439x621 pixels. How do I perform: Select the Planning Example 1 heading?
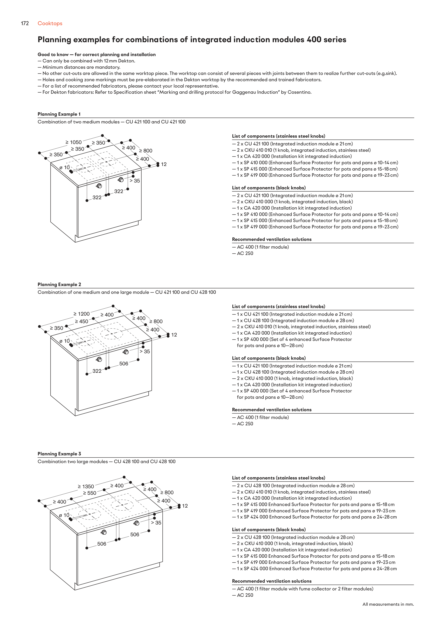click(59, 114)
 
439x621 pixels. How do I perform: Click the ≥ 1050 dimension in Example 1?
click(73, 142)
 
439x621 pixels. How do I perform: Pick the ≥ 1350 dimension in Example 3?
click(86, 486)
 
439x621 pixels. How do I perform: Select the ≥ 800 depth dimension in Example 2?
click(156, 321)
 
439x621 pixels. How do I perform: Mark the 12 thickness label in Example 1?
click(164, 164)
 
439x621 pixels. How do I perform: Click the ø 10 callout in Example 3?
click(64, 515)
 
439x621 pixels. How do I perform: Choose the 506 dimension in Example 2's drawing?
click(124, 364)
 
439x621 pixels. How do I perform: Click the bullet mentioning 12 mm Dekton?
click(86, 61)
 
